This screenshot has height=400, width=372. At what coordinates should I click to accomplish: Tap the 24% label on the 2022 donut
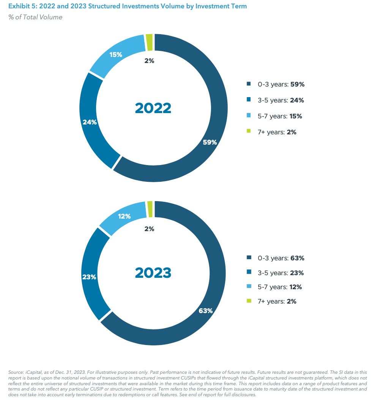(x=90, y=122)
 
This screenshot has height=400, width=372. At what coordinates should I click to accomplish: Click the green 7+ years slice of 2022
(x=150, y=42)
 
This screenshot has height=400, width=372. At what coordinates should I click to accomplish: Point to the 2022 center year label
(x=153, y=108)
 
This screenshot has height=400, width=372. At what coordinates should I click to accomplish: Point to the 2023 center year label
(x=153, y=272)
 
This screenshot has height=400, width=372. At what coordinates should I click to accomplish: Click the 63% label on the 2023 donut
(x=205, y=310)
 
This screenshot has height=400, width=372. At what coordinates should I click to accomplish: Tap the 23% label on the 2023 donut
(x=89, y=277)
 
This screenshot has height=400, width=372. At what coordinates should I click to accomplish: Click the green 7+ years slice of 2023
(x=150, y=209)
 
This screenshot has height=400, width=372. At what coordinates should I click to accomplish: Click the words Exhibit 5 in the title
(x=22, y=6)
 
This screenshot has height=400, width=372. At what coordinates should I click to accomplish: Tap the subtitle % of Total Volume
(x=35, y=17)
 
